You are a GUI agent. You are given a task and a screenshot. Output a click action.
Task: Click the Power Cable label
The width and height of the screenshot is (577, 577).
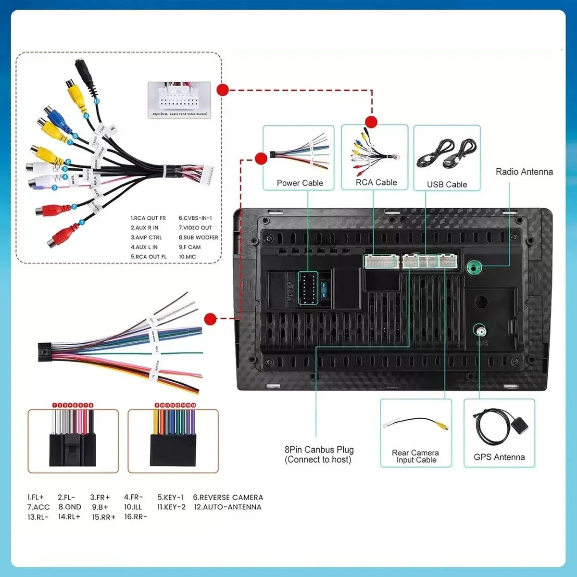300,183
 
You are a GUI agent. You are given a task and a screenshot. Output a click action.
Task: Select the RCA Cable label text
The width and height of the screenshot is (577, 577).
376,182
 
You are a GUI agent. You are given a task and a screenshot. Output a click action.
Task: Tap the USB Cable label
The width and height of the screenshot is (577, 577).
447,184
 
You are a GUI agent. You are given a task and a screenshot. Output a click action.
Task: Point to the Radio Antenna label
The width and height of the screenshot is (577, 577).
524,172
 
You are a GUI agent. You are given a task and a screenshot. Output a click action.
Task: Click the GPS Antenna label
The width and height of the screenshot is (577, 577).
499,457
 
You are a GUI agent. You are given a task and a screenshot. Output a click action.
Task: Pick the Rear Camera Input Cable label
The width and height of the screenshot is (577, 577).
415,456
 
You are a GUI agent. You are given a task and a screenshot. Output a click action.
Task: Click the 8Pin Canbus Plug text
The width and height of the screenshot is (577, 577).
319,450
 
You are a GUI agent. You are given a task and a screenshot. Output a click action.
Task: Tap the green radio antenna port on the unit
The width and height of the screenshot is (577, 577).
474,266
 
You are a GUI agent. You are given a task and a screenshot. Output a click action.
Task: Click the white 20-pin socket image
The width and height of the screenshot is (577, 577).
179,99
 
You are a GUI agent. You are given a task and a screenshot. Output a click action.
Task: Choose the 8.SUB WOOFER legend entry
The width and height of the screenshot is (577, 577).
198,237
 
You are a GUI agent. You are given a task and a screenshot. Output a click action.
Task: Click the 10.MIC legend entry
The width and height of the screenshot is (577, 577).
187,257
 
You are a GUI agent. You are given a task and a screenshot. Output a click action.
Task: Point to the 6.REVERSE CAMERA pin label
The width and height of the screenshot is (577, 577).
228,497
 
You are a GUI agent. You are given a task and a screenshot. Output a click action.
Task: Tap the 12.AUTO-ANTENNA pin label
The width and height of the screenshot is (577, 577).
227,507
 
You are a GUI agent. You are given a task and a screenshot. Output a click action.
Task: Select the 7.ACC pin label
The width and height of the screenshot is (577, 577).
38,507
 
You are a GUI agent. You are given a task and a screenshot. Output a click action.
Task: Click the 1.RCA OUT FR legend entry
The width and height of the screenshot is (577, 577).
148,218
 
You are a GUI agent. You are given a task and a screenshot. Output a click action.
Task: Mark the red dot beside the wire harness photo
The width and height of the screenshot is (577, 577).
210,318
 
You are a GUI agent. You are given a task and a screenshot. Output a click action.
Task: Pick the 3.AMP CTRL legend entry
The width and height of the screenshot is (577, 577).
146,237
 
